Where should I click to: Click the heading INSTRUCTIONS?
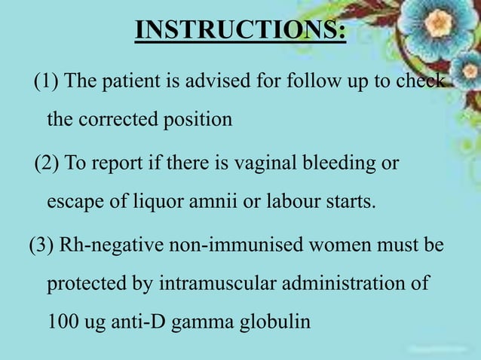pos(240,31)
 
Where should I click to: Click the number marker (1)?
pos(47,81)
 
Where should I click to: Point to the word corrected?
pos(120,120)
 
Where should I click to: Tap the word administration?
pos(353,285)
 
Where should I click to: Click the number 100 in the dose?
pos(60,322)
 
